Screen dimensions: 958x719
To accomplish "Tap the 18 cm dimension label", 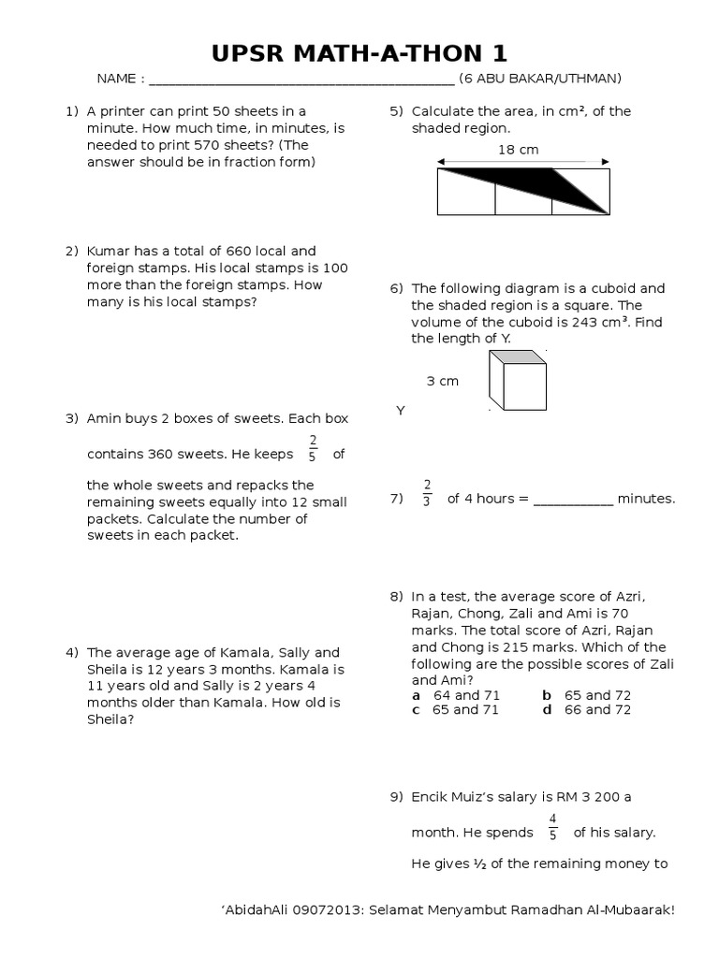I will click(x=518, y=150).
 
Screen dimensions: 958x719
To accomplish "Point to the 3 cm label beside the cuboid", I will click(x=442, y=382).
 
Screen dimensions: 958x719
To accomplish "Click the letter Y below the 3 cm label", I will click(x=400, y=411).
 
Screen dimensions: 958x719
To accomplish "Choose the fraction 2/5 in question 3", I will click(x=313, y=448).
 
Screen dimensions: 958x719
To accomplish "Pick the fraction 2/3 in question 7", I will click(x=427, y=492).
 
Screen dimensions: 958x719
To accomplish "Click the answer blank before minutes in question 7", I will click(x=573, y=500).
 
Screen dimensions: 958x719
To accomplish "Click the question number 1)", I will click(x=70, y=111).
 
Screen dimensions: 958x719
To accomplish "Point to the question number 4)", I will click(x=70, y=652).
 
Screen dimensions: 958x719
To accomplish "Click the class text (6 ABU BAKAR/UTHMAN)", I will click(x=540, y=79).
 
